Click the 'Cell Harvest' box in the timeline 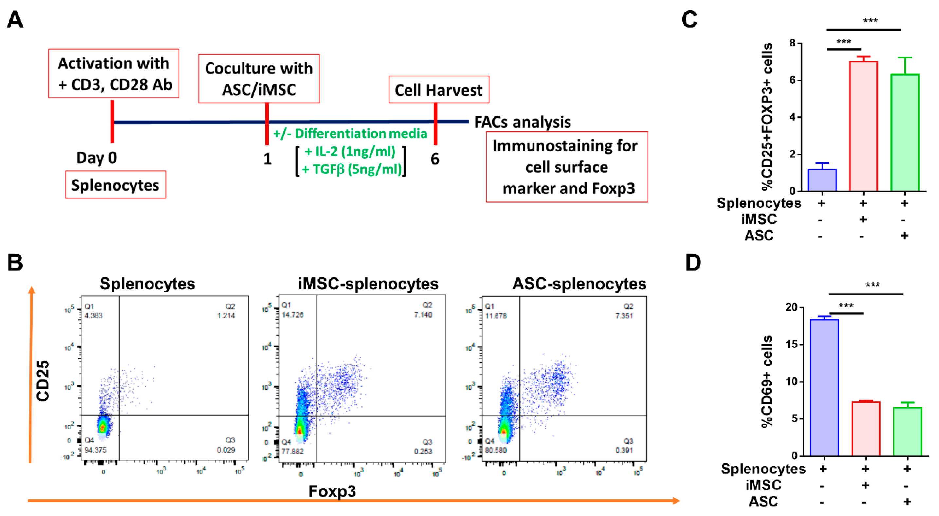(439, 90)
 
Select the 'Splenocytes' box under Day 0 (115, 185)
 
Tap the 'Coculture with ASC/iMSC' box (259, 79)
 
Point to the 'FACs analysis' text (522, 122)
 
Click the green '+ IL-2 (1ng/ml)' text (350, 151)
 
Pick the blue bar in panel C (822, 180)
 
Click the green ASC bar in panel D (907, 432)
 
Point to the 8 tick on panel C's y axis (792, 43)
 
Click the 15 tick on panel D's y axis (792, 344)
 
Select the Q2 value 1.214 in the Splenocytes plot (226, 315)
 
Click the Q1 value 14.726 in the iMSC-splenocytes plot (292, 314)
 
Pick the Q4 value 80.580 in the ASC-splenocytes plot (496, 450)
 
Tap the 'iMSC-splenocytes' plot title (368, 283)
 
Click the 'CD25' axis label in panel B (43, 381)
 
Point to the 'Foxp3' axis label (332, 491)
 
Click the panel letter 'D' (693, 262)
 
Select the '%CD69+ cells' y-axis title (767, 381)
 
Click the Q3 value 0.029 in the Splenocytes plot (226, 450)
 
